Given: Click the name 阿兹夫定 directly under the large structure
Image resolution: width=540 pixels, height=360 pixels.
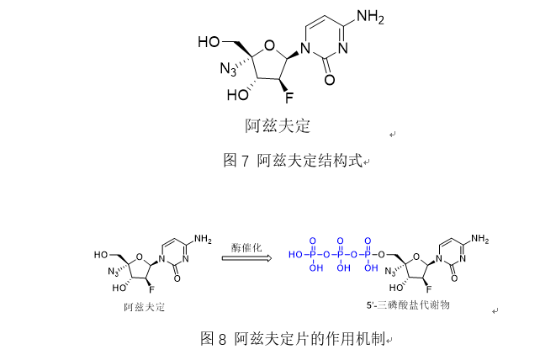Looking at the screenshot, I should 278,127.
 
